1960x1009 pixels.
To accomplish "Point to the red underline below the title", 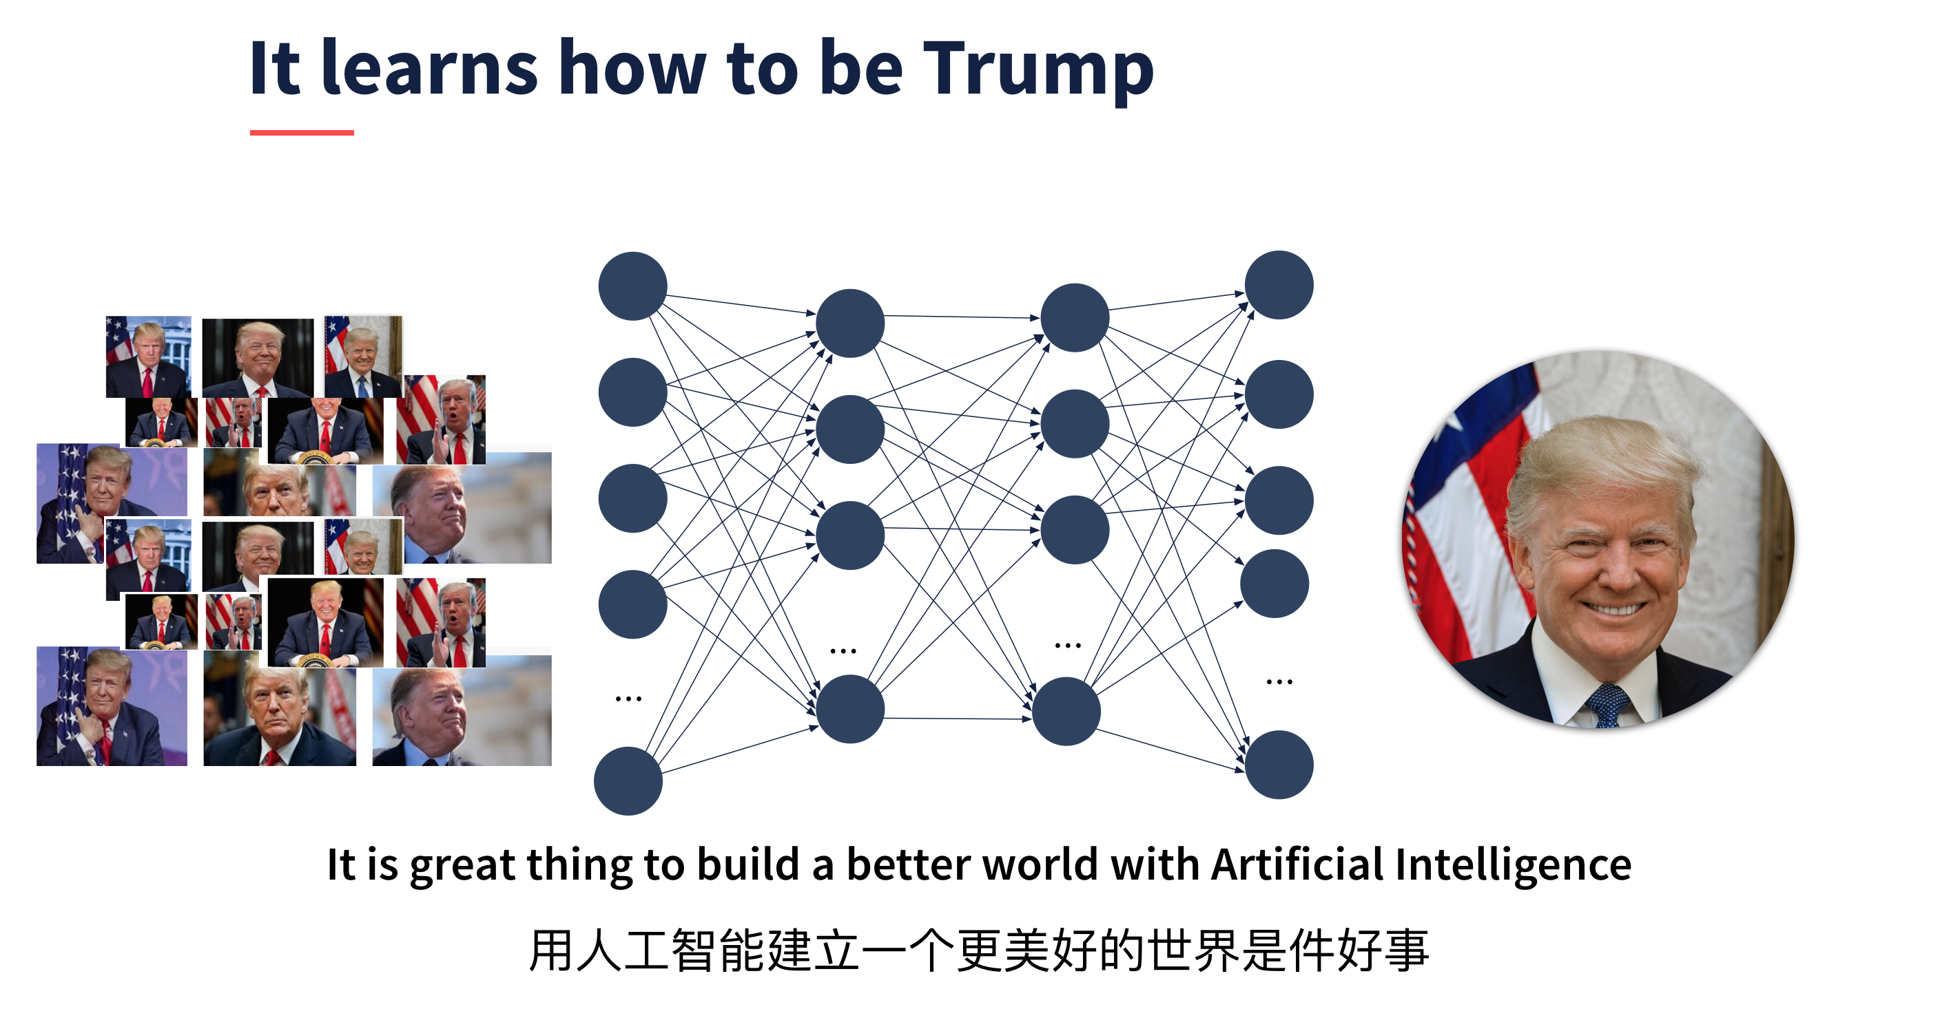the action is point(302,132).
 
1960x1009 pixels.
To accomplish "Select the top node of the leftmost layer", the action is point(632,286).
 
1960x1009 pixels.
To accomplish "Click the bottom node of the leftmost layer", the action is point(628,781).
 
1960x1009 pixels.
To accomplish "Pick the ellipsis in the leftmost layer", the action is point(628,698).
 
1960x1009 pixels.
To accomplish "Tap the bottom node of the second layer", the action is point(850,709).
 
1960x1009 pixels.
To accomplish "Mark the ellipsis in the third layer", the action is point(1068,646).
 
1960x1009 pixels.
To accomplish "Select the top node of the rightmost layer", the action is point(1278,284).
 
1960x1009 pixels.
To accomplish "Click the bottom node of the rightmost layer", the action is point(1278,764).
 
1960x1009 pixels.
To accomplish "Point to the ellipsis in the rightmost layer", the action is point(1279,681).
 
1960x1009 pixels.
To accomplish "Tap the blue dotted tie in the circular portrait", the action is point(1607,703).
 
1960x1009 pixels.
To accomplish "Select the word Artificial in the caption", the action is point(1297,864).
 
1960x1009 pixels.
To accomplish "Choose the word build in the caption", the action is point(748,864).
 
